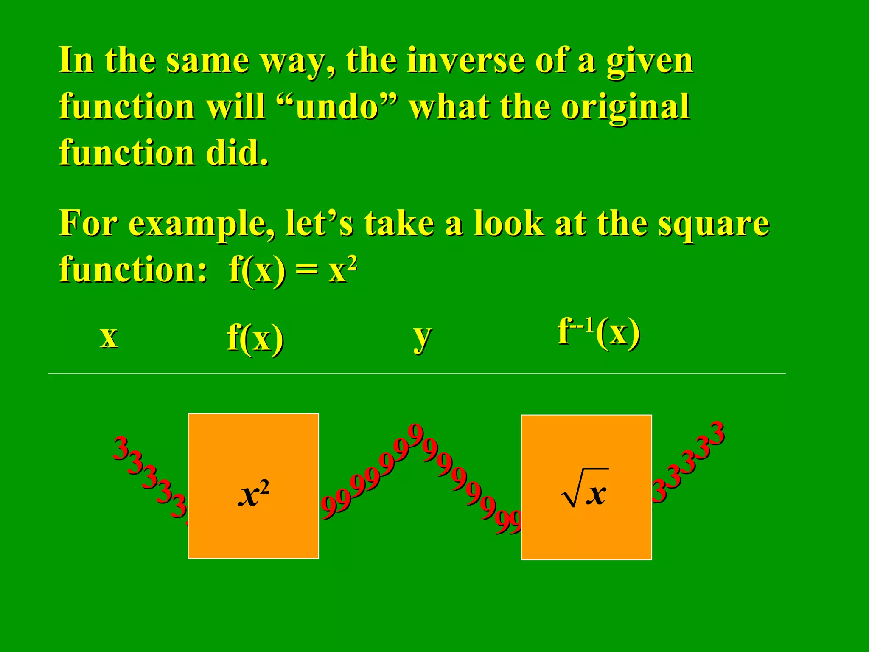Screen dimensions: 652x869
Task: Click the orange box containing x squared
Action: pos(253,486)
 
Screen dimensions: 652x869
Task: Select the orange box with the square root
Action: pos(586,487)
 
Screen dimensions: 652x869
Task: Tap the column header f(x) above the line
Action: pos(255,338)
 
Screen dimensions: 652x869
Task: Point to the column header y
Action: pos(422,337)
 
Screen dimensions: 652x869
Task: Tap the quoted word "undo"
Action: pos(337,107)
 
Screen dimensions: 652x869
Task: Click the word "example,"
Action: pos(202,224)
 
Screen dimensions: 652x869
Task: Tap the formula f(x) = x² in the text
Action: pos(293,270)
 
